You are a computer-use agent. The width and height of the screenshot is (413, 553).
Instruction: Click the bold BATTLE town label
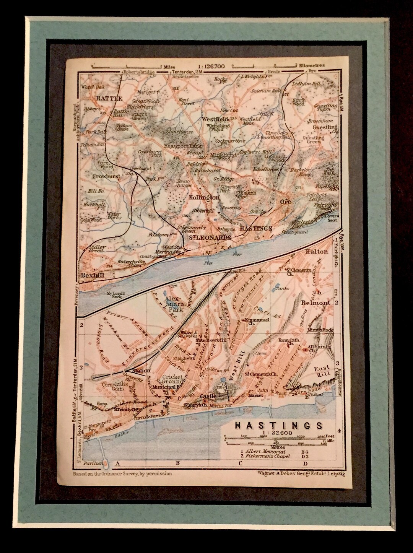pyautogui.click(x=109, y=99)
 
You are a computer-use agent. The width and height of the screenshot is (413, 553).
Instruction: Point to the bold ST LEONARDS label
pyautogui.click(x=211, y=237)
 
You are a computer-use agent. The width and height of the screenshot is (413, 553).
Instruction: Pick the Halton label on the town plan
pyautogui.click(x=317, y=251)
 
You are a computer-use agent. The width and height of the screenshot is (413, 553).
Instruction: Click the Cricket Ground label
pyautogui.click(x=173, y=379)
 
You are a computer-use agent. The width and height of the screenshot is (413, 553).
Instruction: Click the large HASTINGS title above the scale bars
pyautogui.click(x=278, y=425)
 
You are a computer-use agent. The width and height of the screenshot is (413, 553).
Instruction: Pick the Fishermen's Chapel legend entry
pyautogui.click(x=267, y=456)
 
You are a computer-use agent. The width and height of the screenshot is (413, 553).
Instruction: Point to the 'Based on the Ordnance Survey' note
pyautogui.click(x=122, y=473)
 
